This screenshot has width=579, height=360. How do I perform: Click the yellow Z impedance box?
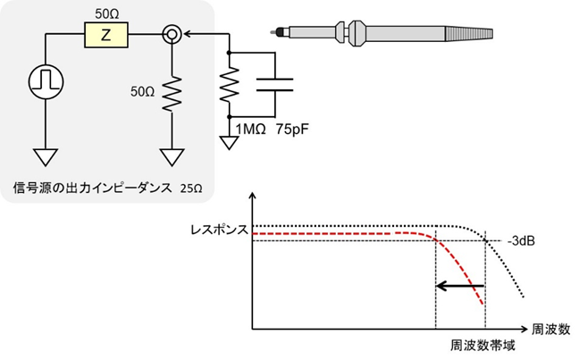105,36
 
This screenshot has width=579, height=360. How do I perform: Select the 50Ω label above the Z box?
105,14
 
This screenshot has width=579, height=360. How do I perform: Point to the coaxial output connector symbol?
172,36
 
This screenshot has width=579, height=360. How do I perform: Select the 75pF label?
295,129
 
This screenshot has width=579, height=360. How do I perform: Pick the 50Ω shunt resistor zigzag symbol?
172,90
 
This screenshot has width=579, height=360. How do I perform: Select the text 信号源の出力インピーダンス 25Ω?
108,188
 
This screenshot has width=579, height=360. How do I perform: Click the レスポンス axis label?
219,229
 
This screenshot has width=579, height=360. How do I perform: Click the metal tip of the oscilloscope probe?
279,32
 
